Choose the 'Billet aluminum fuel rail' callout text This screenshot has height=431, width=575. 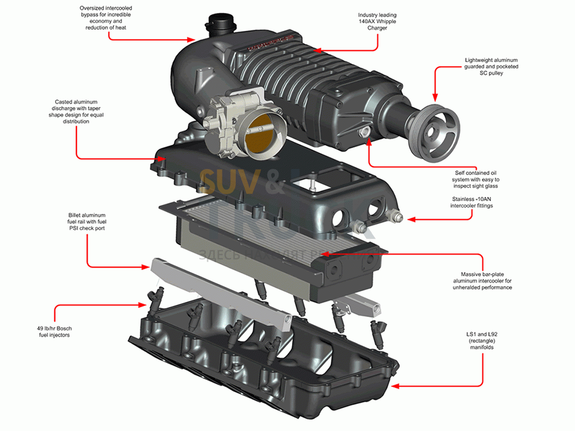(86, 222)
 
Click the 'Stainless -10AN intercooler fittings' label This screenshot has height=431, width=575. (477, 202)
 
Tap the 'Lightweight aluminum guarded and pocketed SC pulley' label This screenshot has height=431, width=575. (491, 66)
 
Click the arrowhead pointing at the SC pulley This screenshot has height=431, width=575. (434, 99)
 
